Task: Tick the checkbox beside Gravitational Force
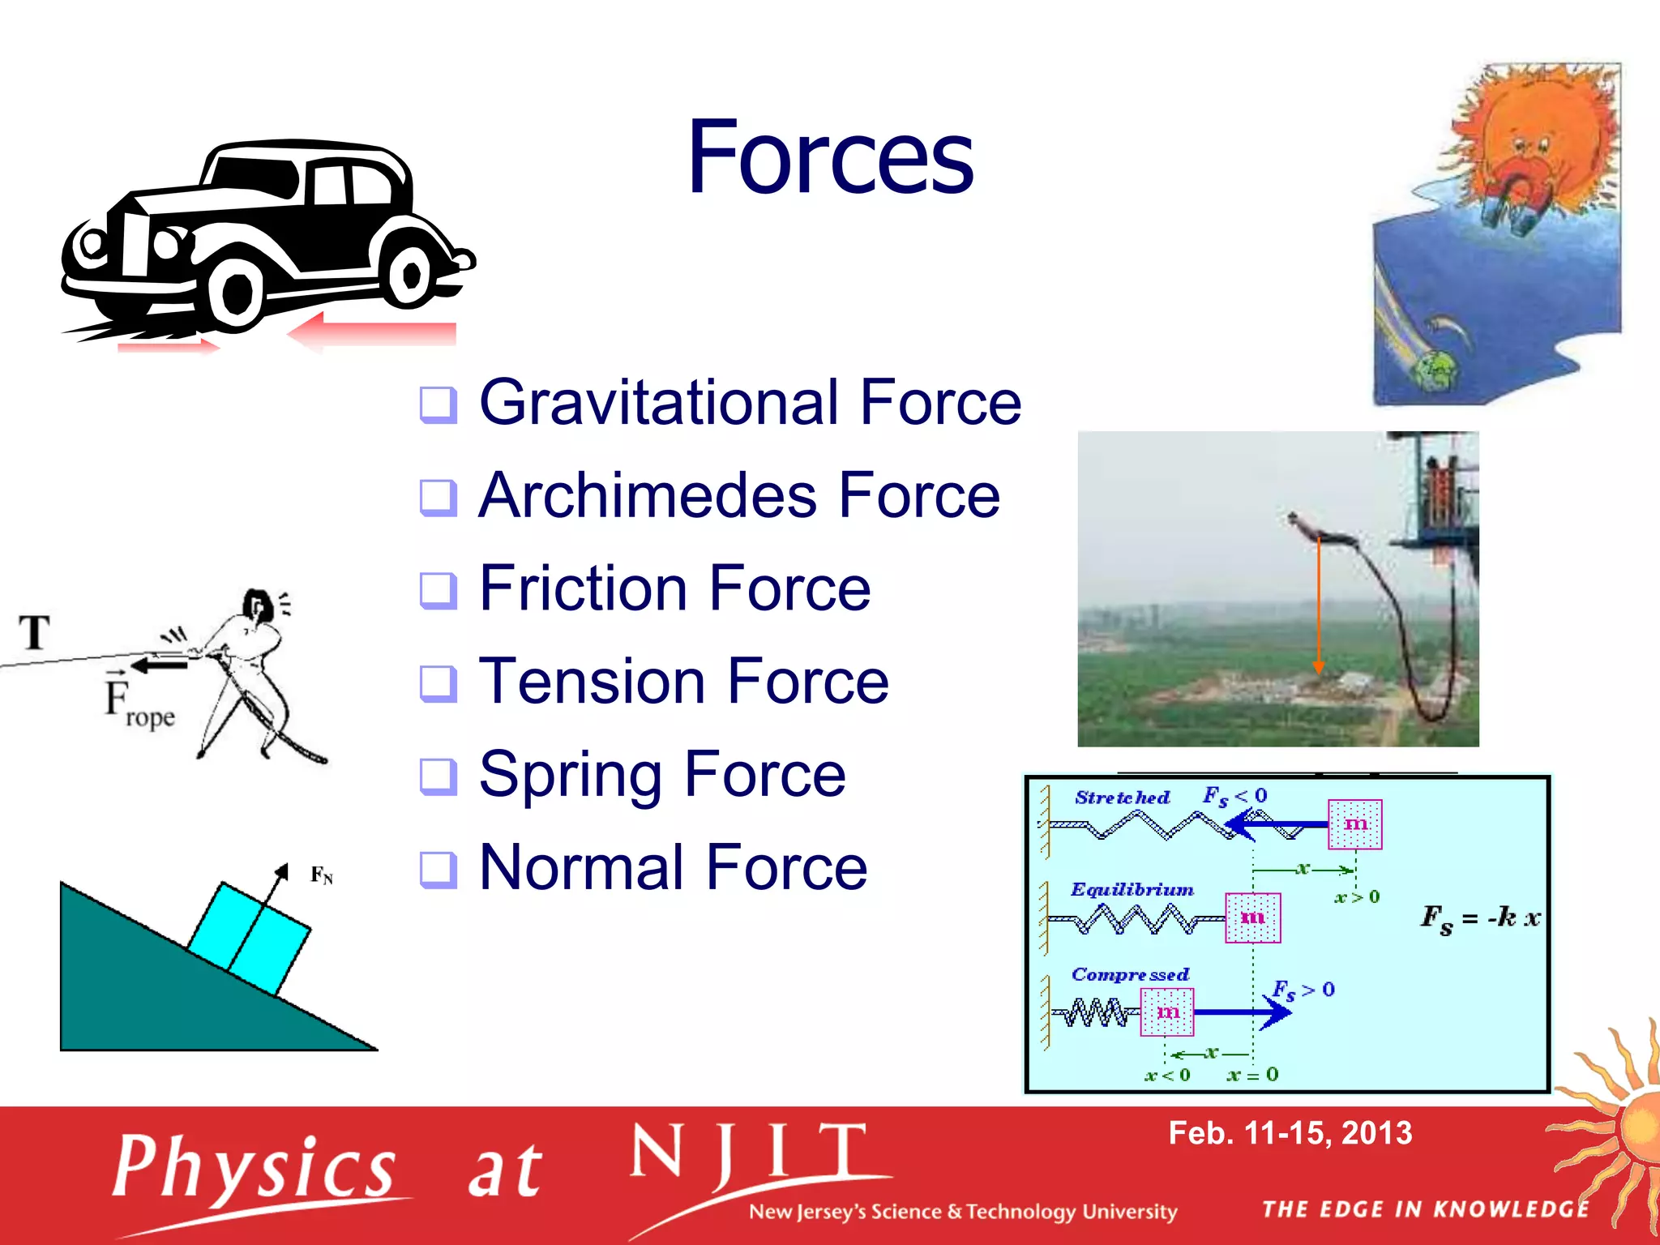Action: tap(439, 404)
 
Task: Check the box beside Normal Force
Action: tap(439, 870)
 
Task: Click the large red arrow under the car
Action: tap(373, 333)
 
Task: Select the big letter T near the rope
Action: tap(35, 632)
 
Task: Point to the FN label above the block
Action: tap(321, 875)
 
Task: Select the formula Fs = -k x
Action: tap(1480, 918)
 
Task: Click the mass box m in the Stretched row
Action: tap(1354, 824)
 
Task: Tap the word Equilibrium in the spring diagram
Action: tap(1132, 889)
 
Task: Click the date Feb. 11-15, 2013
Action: tap(1290, 1133)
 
